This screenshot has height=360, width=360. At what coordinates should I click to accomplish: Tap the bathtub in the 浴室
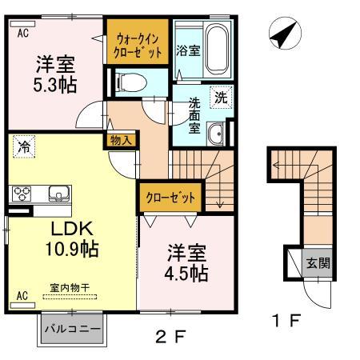(x=218, y=50)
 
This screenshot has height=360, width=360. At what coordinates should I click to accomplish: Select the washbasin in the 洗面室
(x=215, y=134)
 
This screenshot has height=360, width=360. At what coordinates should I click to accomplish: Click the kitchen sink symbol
(x=59, y=194)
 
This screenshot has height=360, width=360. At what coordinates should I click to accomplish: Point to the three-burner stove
(x=22, y=194)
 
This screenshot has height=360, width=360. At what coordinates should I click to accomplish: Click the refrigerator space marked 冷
(x=24, y=146)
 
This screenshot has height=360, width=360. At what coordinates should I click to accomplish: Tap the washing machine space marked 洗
(x=221, y=98)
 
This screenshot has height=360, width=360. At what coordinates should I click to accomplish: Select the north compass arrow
(x=283, y=35)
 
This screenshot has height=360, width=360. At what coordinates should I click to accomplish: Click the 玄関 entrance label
(x=318, y=263)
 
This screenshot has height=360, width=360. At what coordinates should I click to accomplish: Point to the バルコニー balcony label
(x=73, y=329)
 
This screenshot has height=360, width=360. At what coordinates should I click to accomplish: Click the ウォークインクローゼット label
(x=138, y=46)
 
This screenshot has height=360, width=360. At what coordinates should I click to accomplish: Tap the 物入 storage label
(x=121, y=140)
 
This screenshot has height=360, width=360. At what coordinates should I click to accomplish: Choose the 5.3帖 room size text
(x=55, y=85)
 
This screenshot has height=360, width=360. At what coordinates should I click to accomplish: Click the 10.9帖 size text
(x=72, y=249)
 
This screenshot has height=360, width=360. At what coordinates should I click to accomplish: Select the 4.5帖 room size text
(x=186, y=274)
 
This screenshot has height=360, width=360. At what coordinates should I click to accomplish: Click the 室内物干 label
(x=70, y=288)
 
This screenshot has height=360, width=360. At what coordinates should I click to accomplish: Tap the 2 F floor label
(x=170, y=337)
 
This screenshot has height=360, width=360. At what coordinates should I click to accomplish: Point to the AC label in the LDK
(x=22, y=296)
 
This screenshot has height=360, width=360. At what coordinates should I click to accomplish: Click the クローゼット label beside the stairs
(x=170, y=198)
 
